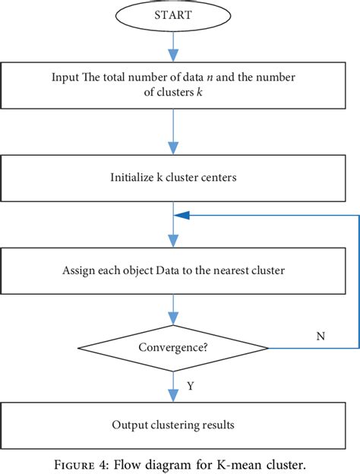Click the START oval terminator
point(173,14)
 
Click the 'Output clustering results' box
point(173,423)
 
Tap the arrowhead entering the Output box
point(173,397)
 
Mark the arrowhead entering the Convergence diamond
point(173,318)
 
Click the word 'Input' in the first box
point(65,77)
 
